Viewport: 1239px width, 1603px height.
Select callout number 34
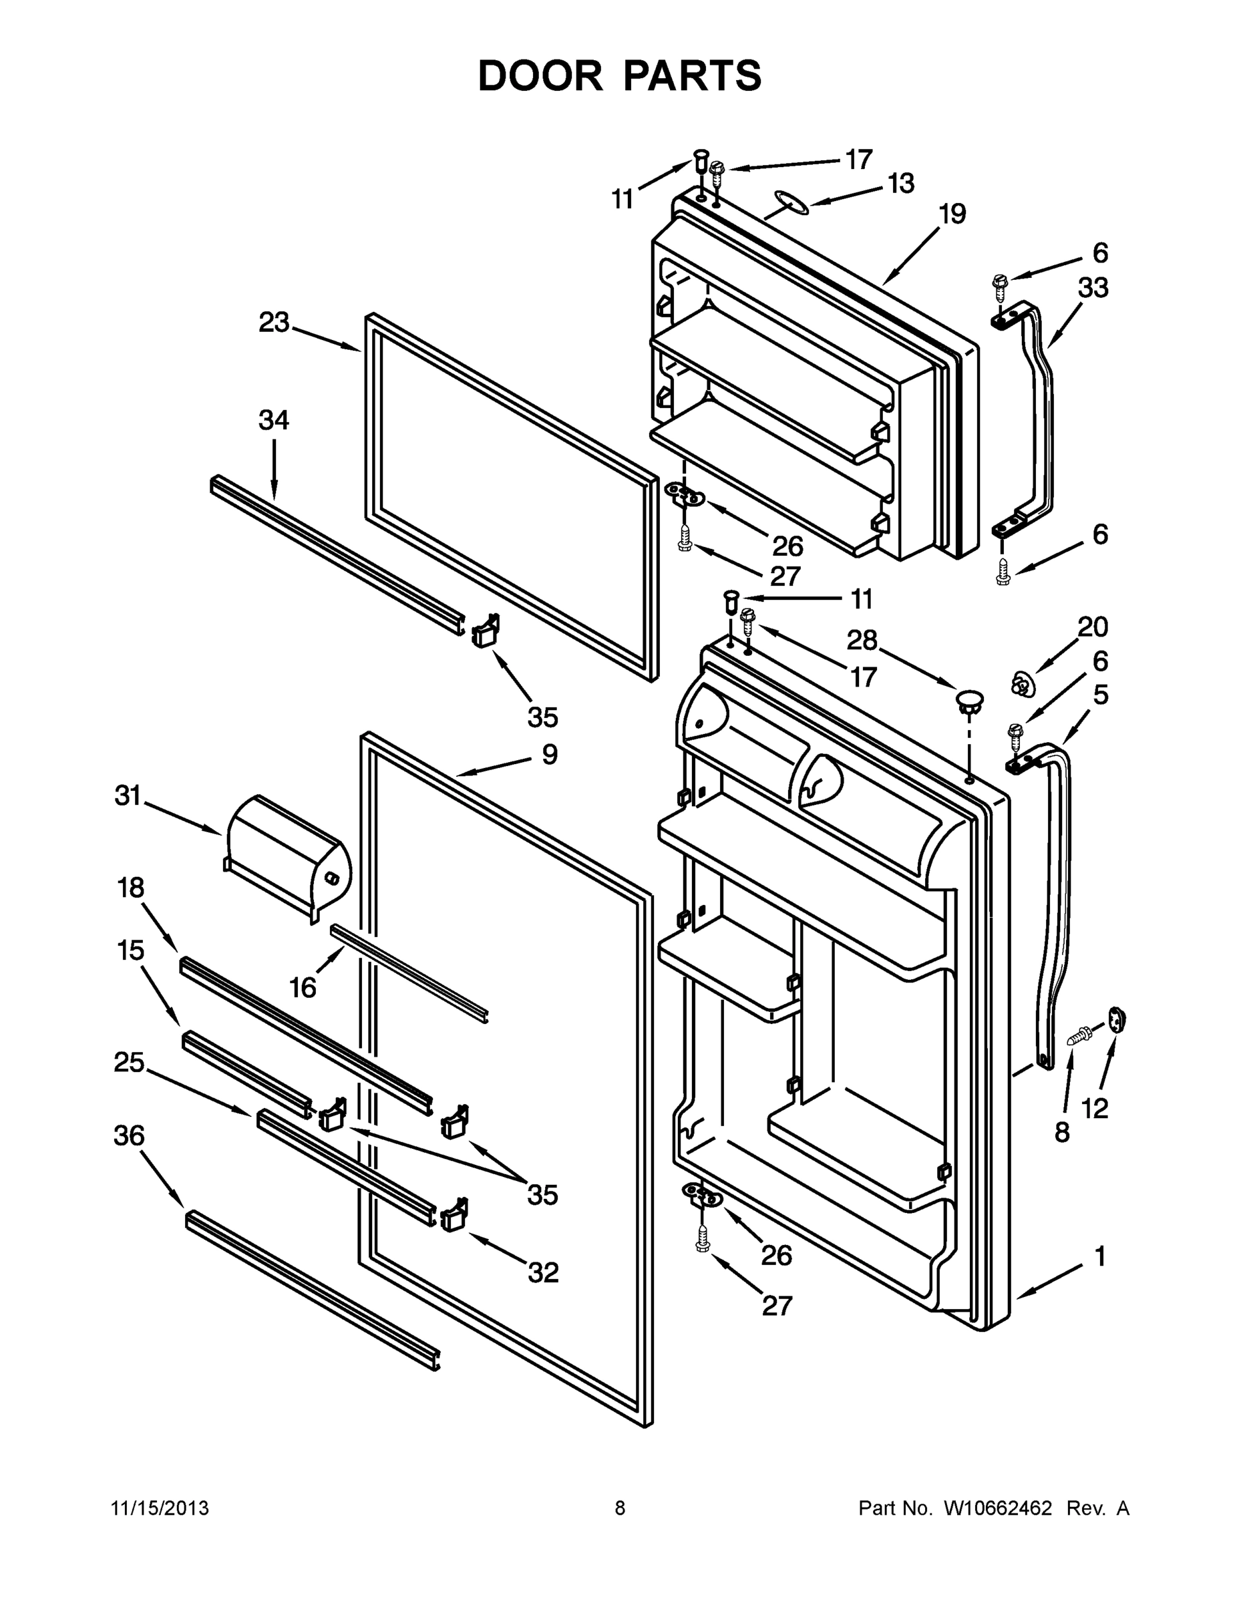coord(274,421)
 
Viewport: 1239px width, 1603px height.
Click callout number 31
coord(127,795)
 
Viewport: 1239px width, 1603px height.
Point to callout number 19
coord(952,214)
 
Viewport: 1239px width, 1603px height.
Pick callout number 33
coord(1093,288)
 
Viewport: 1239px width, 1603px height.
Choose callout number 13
coord(900,183)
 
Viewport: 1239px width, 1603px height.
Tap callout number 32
coord(543,1272)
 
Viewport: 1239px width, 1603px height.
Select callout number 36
coord(129,1135)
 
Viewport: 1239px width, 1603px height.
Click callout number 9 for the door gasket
coord(550,754)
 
